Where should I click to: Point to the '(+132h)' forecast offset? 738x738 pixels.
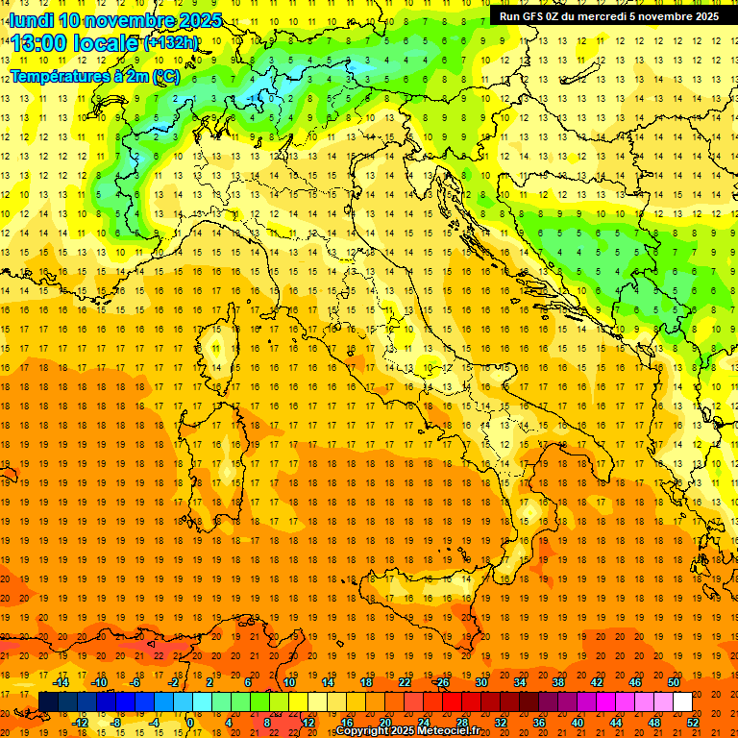pyautogui.click(x=170, y=43)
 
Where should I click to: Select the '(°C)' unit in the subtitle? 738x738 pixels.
pyautogui.click(x=164, y=75)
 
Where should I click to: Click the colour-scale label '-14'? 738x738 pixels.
pyautogui.click(x=61, y=682)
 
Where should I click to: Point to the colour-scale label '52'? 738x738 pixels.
pyautogui.click(x=693, y=723)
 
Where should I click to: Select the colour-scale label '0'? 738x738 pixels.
pyautogui.click(x=190, y=723)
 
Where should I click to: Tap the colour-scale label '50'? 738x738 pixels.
pyautogui.click(x=673, y=682)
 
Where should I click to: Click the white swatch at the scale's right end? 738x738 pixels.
pyautogui.click(x=682, y=702)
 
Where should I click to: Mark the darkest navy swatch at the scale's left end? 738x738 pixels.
pyautogui.click(x=48, y=702)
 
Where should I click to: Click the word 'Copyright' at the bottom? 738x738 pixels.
pyautogui.click(x=362, y=731)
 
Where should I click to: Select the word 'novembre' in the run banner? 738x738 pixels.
pyautogui.click(x=665, y=16)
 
